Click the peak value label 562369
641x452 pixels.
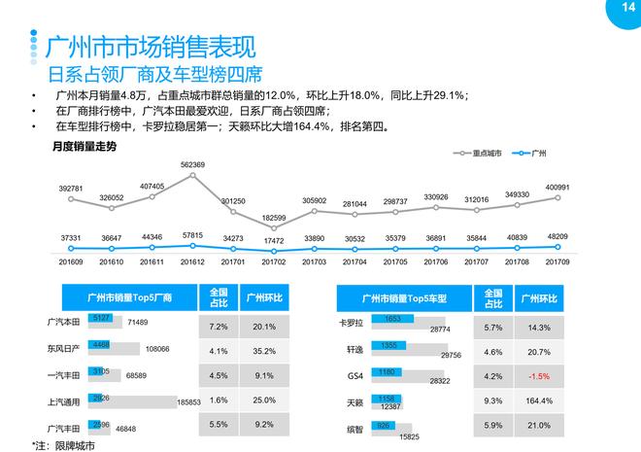(x=192, y=165)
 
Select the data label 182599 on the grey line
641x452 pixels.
(x=275, y=218)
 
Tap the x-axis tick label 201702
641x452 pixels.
(x=275, y=261)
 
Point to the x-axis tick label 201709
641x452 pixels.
(x=557, y=261)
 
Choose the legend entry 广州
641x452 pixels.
(x=538, y=153)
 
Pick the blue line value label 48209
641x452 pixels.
(x=557, y=235)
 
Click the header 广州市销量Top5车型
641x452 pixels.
(x=403, y=296)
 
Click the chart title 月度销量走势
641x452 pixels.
(x=84, y=146)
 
